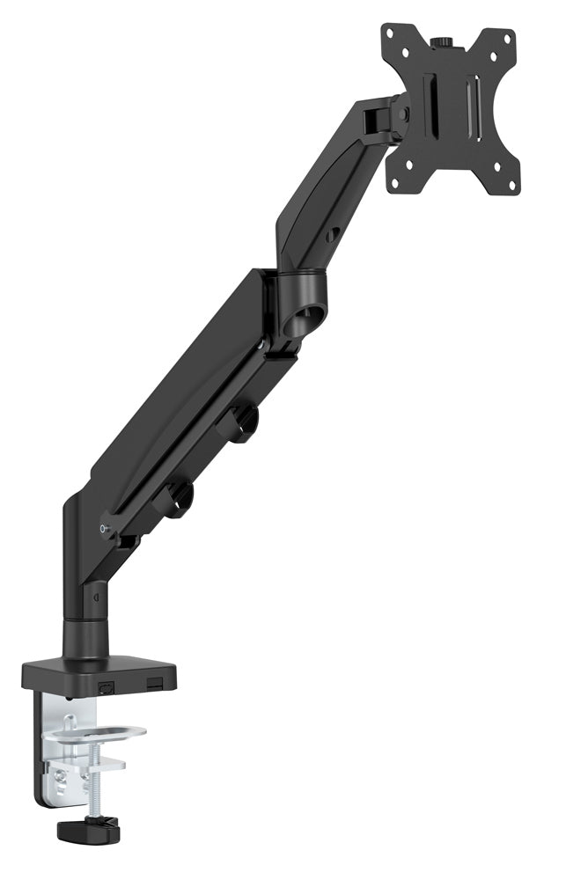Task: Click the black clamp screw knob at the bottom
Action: pyautogui.click(x=87, y=828)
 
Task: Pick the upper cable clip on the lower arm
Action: pyautogui.click(x=239, y=422)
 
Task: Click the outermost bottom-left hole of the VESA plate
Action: pyautogui.click(x=395, y=183)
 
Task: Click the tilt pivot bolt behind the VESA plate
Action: pyautogui.click(x=402, y=113)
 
